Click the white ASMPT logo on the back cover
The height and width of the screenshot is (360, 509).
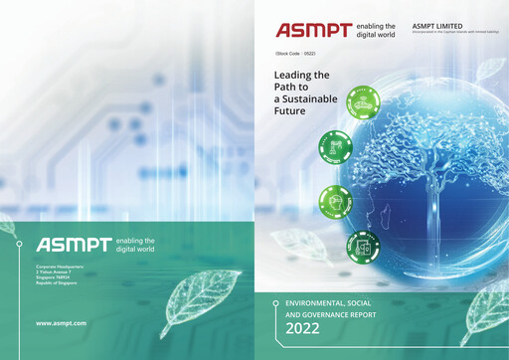click(73, 245)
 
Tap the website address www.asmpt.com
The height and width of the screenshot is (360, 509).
click(61, 323)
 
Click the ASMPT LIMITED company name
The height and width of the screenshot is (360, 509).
click(438, 25)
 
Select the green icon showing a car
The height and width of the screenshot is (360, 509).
click(365, 100)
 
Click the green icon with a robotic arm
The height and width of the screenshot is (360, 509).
click(334, 148)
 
